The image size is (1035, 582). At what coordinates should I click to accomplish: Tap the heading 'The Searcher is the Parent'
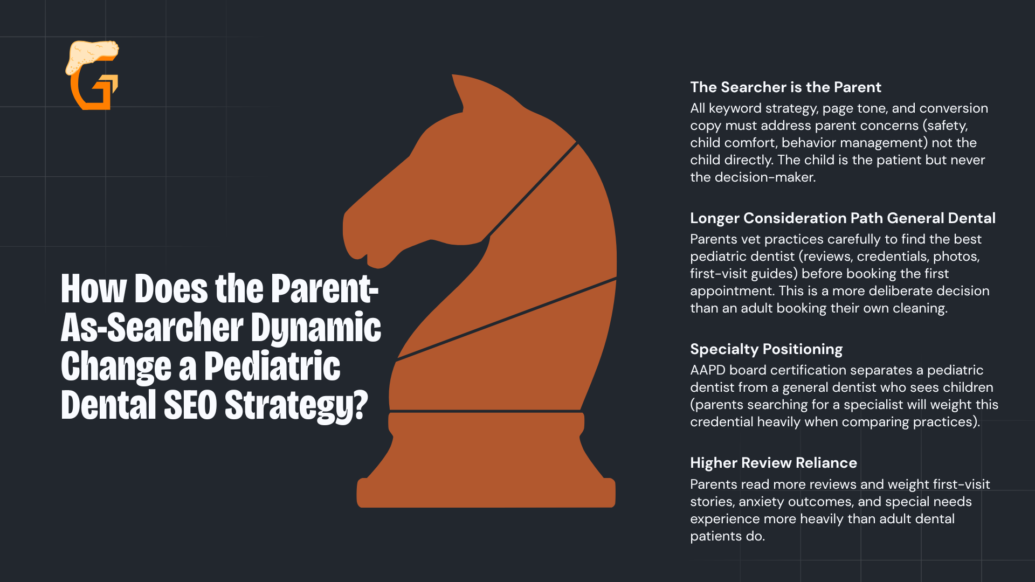(785, 87)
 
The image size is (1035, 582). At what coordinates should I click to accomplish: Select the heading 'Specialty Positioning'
(766, 349)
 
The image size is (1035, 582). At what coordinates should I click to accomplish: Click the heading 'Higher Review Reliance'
(774, 463)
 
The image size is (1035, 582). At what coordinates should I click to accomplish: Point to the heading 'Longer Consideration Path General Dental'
(843, 218)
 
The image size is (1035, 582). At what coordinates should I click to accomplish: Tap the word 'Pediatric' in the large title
(272, 366)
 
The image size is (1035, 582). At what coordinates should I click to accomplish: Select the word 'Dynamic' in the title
(316, 328)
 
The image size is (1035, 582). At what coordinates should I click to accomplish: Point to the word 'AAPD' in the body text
(708, 370)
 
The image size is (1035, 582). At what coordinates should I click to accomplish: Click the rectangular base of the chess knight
(486, 493)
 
